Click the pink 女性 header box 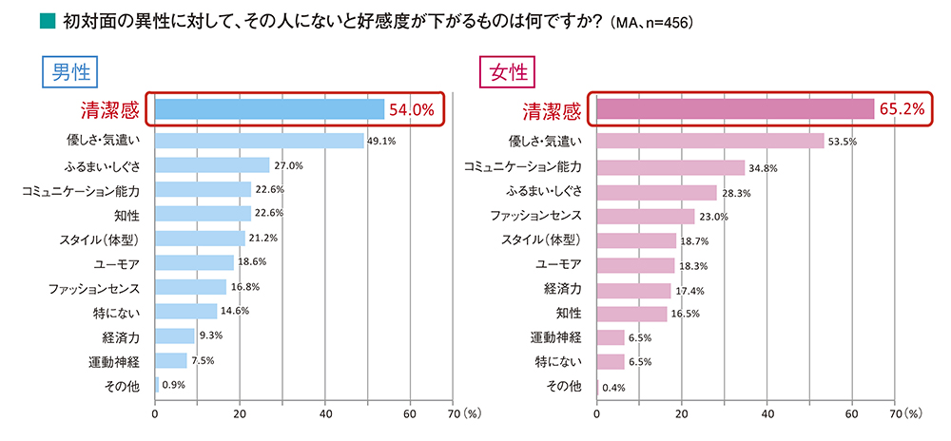pyautogui.click(x=507, y=72)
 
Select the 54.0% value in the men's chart pyautogui.click(x=411, y=110)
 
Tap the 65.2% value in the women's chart pyautogui.click(x=902, y=110)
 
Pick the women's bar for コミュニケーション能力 pyautogui.click(x=670, y=167)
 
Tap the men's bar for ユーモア pyautogui.click(x=194, y=262)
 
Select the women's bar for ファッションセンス pyautogui.click(x=645, y=216)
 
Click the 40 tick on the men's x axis pyautogui.click(x=325, y=413)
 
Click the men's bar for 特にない pyautogui.click(x=185, y=311)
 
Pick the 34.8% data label pyautogui.click(x=764, y=168)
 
